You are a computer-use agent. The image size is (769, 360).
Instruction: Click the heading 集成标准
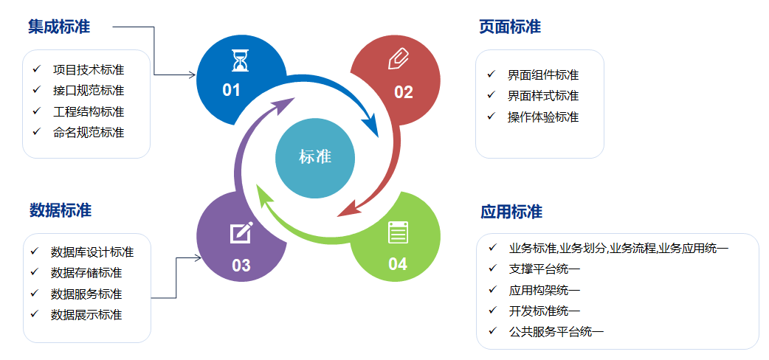[x=59, y=27]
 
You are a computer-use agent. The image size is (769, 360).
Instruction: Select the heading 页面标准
[x=510, y=27]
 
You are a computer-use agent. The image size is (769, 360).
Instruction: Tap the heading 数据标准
[x=61, y=210]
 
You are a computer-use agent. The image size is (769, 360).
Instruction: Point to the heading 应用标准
[x=511, y=212]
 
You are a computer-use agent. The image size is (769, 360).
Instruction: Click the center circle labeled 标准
[x=315, y=157]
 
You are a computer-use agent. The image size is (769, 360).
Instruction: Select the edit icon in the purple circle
[x=241, y=233]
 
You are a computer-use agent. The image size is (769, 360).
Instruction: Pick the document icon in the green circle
[x=398, y=232]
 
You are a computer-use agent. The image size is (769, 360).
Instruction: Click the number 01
[x=232, y=91]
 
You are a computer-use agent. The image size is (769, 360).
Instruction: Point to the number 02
[x=404, y=92]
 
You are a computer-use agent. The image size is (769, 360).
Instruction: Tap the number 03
[x=241, y=266]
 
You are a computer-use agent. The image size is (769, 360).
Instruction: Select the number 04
[x=398, y=264]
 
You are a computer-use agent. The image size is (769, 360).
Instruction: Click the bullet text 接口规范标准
[x=89, y=91]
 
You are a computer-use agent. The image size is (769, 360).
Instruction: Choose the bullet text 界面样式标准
[x=543, y=96]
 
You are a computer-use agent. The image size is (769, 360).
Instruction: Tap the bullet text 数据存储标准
[x=86, y=273]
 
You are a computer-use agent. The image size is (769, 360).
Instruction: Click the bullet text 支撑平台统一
[x=545, y=269]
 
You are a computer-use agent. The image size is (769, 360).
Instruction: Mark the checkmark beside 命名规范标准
[x=36, y=132]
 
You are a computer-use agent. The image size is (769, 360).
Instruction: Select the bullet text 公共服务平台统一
[x=556, y=331]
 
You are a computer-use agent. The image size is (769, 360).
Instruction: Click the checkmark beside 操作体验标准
[x=492, y=117]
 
